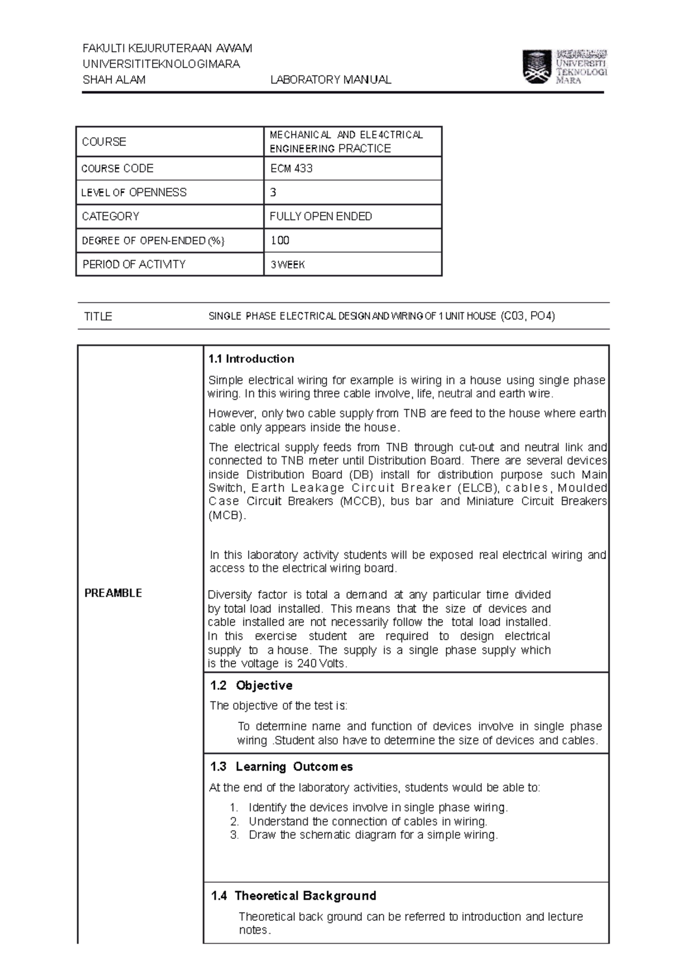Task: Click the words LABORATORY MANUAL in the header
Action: pos(330,80)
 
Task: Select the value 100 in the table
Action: pos(280,241)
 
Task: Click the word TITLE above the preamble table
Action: pos(98,316)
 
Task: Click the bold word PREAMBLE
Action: pos(113,593)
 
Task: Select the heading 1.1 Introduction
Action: pos(251,359)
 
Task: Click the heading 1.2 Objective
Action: pos(251,686)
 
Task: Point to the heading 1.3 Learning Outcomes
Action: pos(281,767)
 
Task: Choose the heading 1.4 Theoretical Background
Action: pos(293,896)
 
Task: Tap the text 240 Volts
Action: pos(321,664)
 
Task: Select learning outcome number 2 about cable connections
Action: pos(367,822)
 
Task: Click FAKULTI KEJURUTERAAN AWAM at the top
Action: pos(167,48)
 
